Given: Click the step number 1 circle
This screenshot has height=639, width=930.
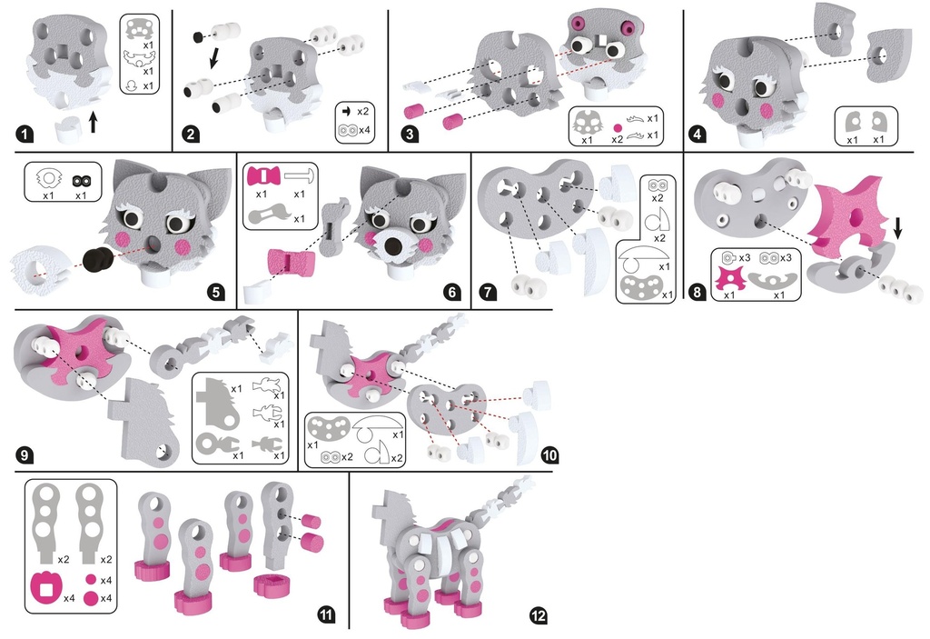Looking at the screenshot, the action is pos(24,135).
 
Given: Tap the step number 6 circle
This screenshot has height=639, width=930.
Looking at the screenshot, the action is pos(452,292).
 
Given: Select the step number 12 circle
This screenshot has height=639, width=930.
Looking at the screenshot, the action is pos(538,615).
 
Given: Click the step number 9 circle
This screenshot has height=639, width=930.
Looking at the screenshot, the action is pos(24,454).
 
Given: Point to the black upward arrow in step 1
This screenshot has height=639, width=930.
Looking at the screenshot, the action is pos(93,123).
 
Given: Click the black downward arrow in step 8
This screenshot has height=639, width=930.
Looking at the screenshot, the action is pos(898,228).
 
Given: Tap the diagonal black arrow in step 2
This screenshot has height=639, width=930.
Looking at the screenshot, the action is pos(213,58).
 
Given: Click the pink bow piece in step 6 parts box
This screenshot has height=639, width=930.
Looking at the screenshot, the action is pos(262,176).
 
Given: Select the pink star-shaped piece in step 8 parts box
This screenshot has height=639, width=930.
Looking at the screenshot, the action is pos(729,278).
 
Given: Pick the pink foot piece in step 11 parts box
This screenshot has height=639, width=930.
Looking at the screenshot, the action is pos(45,588).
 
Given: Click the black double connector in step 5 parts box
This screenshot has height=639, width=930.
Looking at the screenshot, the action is pos(80,179).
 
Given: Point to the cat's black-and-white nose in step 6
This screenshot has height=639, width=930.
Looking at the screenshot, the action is pos(393,245).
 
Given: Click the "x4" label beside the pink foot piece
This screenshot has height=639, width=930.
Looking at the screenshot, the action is pos(69,598).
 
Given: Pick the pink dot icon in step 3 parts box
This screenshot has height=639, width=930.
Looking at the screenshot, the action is pos(618,127).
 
